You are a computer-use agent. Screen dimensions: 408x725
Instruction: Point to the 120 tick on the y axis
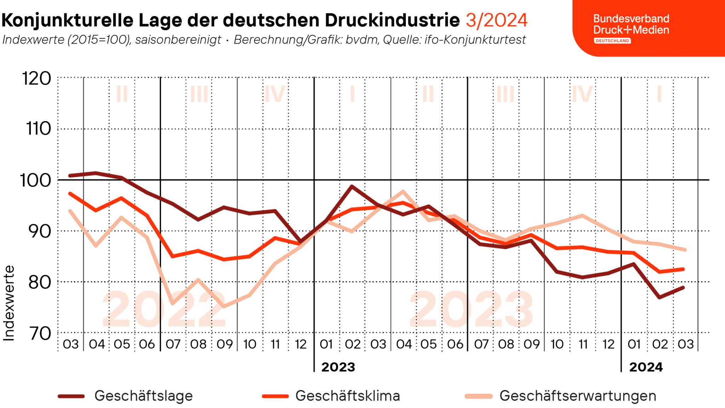37,78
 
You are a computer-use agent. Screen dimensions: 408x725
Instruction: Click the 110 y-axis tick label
39,129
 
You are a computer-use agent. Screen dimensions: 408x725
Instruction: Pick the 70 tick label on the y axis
40,333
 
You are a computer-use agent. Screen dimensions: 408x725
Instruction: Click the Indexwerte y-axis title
9,303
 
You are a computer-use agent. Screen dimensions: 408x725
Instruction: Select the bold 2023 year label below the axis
338,367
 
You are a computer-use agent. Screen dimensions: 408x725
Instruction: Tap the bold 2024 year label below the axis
646,367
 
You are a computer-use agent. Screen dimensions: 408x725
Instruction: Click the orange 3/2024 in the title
496,20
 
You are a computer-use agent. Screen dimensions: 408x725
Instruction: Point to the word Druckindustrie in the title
392,20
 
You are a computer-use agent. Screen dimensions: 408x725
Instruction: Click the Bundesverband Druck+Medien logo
631,28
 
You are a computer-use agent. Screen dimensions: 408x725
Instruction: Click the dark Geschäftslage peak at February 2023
352,186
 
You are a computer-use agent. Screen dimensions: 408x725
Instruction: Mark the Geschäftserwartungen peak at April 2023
403,191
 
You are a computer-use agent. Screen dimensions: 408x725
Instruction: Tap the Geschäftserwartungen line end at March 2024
685,250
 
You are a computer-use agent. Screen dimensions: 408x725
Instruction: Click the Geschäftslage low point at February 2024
659,297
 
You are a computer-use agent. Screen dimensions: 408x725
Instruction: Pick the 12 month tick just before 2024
609,344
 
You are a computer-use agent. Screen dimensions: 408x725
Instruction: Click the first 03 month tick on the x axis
70,344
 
